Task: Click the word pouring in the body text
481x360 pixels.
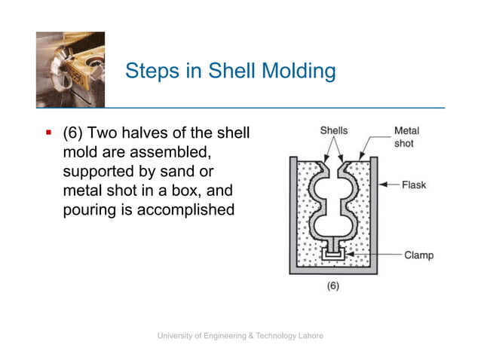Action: (x=88, y=210)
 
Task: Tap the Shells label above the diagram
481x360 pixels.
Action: (x=333, y=130)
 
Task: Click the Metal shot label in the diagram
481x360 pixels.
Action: (x=406, y=136)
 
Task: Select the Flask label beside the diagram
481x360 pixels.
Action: (x=414, y=185)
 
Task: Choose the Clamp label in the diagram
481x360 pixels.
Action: (x=418, y=255)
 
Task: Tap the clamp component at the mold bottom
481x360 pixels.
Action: (x=332, y=255)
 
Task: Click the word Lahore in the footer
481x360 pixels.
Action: (x=308, y=335)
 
